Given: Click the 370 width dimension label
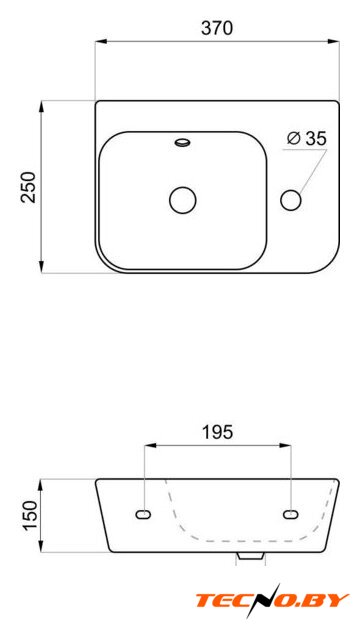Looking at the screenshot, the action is [217, 29].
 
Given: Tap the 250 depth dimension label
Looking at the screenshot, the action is [29, 187].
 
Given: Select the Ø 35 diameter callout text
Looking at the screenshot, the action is [306, 139].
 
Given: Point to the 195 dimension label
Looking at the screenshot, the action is [217, 432].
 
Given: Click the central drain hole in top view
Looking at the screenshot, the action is [182, 200].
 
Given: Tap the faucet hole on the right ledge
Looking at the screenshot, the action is [291, 200].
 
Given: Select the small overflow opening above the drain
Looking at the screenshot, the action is [182, 142].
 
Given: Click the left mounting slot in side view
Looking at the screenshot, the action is [143, 515].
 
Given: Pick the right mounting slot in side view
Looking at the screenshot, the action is [291, 515].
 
